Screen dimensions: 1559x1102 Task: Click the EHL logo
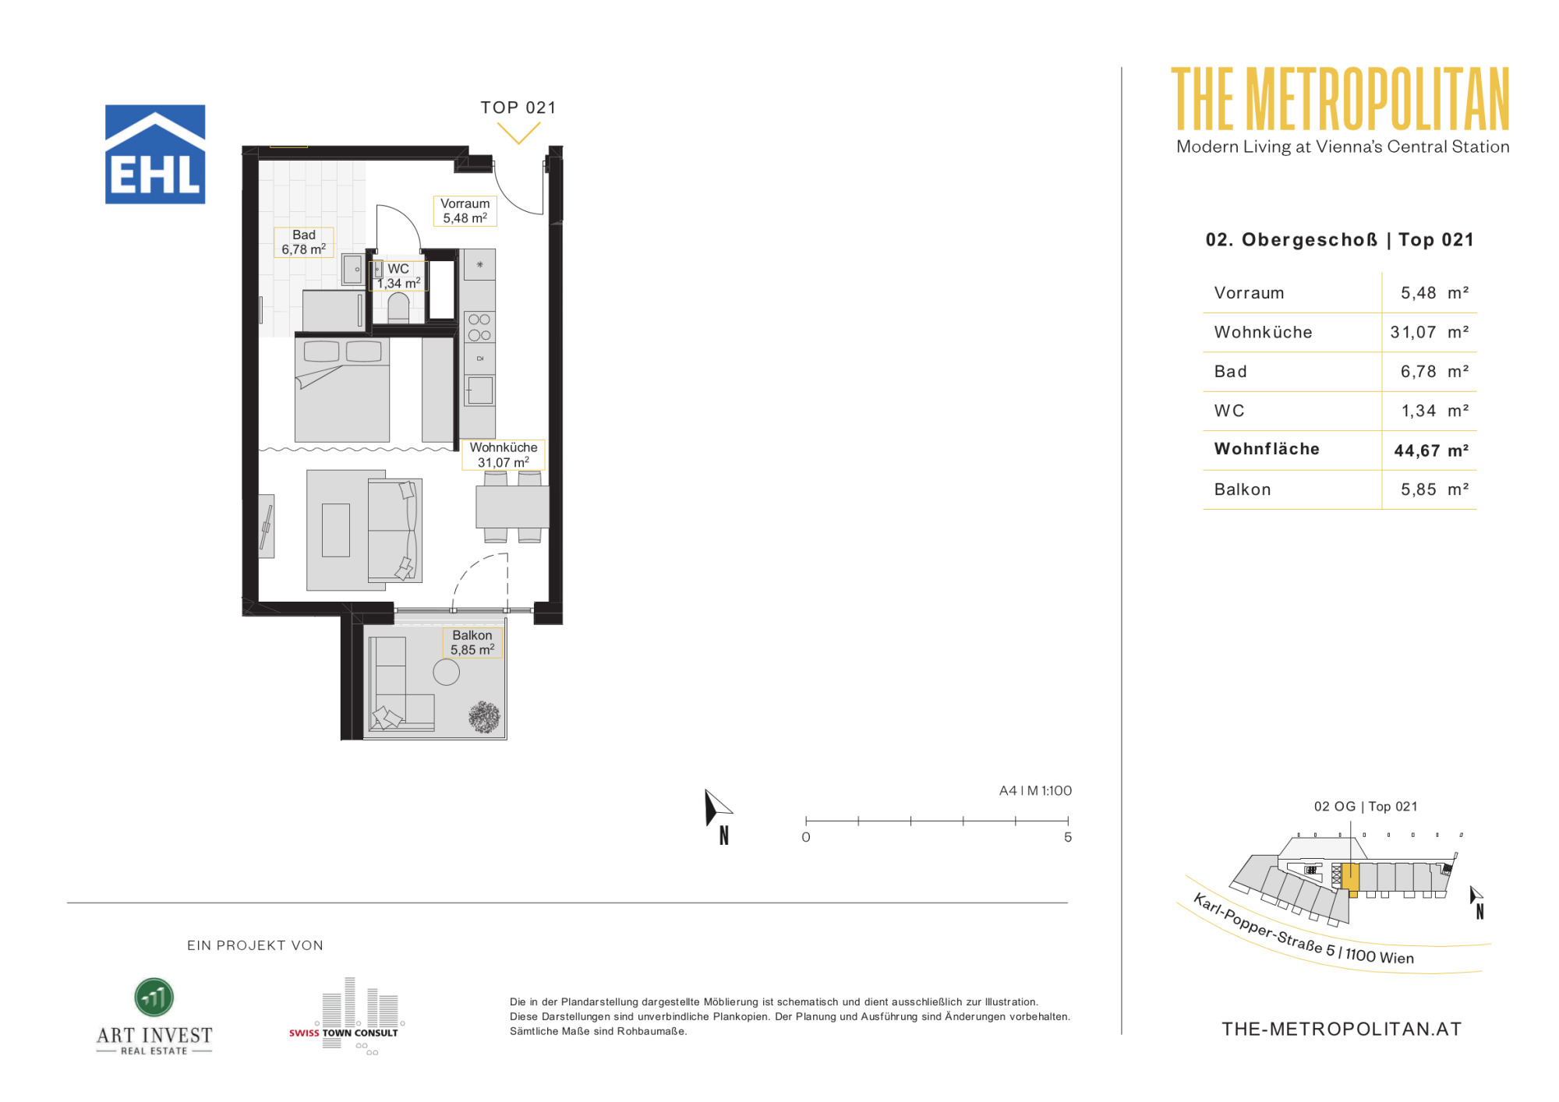coord(155,154)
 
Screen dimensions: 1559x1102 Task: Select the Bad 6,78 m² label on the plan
coord(304,242)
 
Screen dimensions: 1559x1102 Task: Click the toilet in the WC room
coord(398,307)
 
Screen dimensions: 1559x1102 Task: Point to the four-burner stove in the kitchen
coord(479,327)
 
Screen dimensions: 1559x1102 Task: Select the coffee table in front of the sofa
coord(336,530)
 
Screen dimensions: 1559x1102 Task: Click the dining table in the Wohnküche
coord(512,507)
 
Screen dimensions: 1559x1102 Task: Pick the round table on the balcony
coord(447,672)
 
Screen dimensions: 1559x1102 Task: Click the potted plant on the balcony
coord(484,717)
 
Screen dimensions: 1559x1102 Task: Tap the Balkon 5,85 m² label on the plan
coord(472,643)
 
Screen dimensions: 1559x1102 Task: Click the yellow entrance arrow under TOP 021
coord(518,134)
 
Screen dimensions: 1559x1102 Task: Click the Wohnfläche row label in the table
coord(1267,449)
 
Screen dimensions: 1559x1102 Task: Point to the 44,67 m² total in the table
coord(1431,450)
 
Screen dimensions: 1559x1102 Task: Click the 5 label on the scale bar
coord(1068,837)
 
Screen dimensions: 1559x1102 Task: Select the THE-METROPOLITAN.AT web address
coord(1342,1030)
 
